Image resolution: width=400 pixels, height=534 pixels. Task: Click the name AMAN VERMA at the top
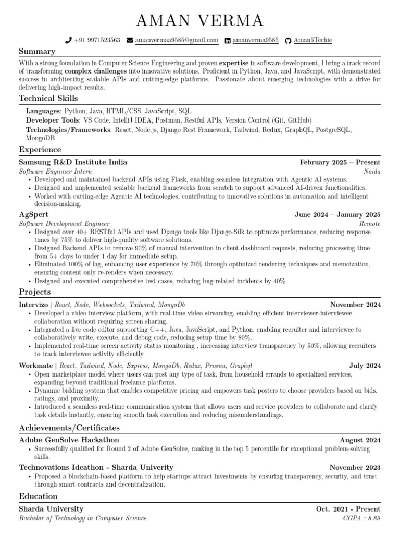coord(200,21)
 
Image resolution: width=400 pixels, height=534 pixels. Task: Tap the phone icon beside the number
coord(68,40)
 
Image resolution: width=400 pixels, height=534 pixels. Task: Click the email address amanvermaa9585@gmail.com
coord(177,40)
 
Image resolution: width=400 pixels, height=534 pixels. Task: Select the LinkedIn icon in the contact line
coord(228,40)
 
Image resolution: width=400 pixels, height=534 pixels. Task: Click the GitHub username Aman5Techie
coord(312,40)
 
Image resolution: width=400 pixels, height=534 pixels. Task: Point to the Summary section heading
coord(37,52)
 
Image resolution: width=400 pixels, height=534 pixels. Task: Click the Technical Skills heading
coord(48,98)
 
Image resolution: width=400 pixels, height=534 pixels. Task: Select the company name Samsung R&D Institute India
coord(73,162)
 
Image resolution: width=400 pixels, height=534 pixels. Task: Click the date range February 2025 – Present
coord(340,162)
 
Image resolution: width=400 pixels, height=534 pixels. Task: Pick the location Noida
coord(372,171)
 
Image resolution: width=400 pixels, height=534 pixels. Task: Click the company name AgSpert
coord(34,214)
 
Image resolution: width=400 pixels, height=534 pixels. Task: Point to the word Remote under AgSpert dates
coord(370,223)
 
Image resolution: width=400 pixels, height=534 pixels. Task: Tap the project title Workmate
coord(35,366)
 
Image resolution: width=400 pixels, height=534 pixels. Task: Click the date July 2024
coord(365,366)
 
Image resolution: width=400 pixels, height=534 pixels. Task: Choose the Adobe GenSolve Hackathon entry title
coord(69,440)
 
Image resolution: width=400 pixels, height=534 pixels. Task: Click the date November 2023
coord(355,467)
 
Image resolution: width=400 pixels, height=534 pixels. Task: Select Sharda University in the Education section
coord(51,508)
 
